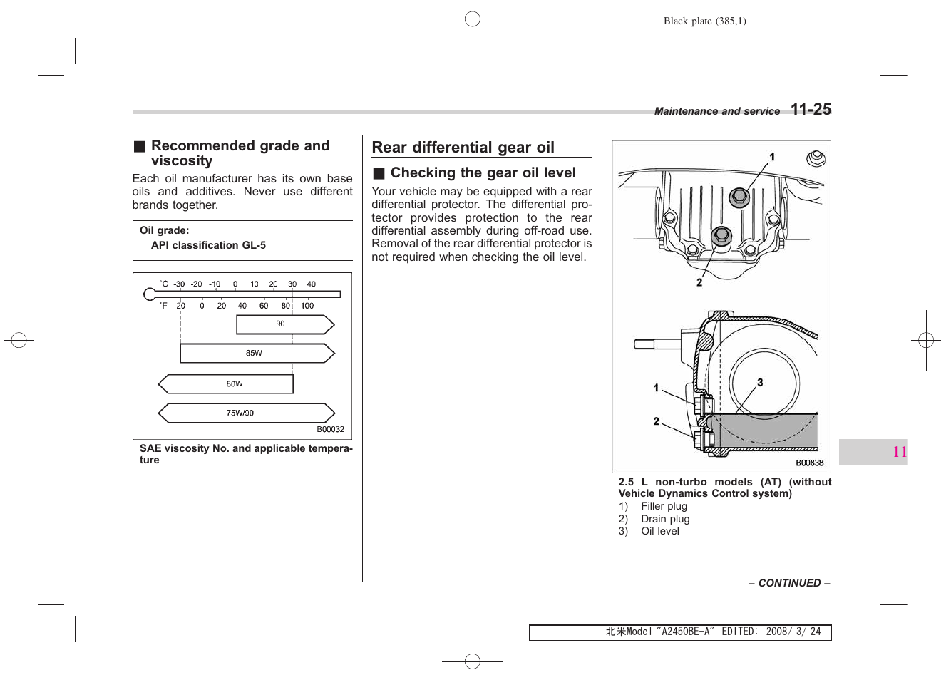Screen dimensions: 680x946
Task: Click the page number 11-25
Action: (811, 109)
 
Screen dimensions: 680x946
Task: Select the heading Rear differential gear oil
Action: (463, 148)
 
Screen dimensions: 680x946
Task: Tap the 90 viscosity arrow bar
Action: (284, 324)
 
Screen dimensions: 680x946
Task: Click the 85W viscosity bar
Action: (257, 353)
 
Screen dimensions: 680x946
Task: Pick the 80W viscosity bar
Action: (226, 384)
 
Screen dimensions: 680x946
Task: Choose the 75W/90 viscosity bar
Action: (246, 413)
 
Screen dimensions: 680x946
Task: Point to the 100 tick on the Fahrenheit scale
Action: (307, 306)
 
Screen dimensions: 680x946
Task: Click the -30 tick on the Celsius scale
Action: (179, 284)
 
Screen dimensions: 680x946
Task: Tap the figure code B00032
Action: (330, 430)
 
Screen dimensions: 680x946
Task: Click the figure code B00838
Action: (809, 463)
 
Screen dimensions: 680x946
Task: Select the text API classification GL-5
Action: (208, 245)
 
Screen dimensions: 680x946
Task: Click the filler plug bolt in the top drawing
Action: (739, 196)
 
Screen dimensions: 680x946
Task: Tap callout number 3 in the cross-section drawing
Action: (760, 383)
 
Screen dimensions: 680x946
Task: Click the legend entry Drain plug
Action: (664, 519)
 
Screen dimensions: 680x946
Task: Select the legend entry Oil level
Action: (659, 531)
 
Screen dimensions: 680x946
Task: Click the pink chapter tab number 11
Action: (899, 452)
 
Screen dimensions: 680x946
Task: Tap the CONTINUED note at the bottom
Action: (788, 583)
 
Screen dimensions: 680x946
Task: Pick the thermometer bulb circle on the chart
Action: (150, 294)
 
